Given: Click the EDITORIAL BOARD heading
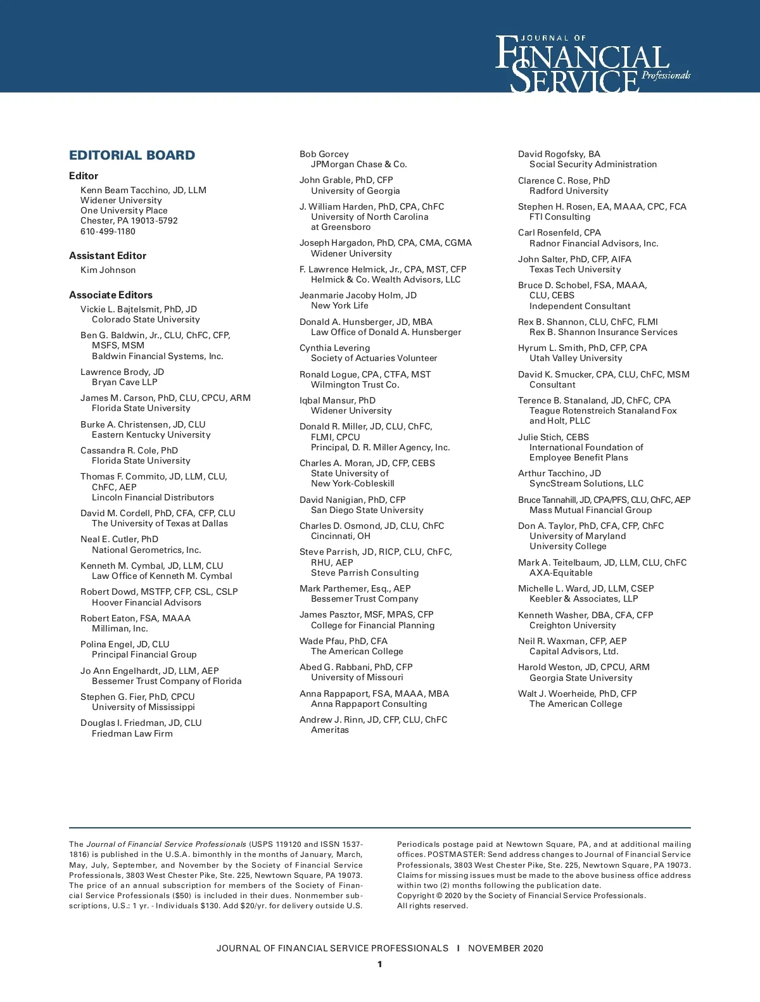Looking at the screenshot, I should point(132,155).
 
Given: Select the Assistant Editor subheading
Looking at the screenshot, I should point(107,256).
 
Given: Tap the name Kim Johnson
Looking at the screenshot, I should point(108,270).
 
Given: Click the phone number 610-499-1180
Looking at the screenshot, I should point(108,231).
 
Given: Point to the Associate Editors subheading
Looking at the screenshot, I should point(110,295).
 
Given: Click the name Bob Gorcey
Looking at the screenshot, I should point(324,155).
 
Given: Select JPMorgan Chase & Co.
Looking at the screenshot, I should point(358,165).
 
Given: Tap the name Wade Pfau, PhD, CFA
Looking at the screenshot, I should point(343,641).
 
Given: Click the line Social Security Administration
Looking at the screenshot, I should point(593,165).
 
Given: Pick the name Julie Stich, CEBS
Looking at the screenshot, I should point(553,437).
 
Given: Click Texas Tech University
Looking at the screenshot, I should point(575,269).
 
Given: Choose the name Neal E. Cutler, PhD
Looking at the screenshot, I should point(119,540).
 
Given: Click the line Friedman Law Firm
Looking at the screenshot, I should point(132,733).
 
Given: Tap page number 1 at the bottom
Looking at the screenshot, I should point(379,965).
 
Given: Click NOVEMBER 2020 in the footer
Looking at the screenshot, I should point(505,948).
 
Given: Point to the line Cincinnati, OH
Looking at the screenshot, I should point(340,536).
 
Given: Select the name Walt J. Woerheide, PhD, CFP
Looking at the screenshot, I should point(577,694).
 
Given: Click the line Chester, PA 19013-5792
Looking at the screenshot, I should point(129,221).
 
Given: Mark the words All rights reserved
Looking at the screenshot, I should point(432,906).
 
